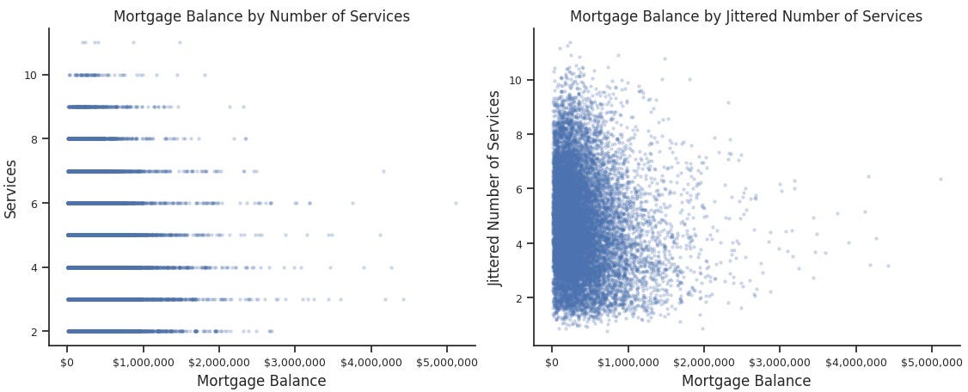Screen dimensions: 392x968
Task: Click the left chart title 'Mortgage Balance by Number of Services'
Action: [261, 16]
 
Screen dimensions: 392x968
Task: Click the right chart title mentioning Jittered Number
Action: [746, 16]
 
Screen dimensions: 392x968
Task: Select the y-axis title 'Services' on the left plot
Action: [13, 187]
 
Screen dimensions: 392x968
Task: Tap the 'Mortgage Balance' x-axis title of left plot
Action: [261, 381]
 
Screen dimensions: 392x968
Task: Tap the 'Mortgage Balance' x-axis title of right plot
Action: [746, 381]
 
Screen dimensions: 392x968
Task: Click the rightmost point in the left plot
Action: [456, 203]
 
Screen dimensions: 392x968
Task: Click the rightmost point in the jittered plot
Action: [940, 179]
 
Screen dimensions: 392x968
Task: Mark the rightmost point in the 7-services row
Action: [383, 171]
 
